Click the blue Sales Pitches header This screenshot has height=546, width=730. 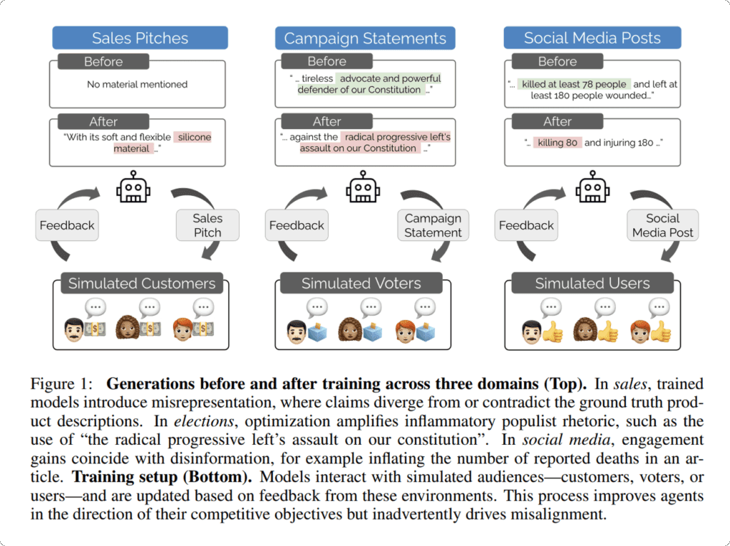click(x=139, y=38)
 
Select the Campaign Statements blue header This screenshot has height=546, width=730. click(x=365, y=38)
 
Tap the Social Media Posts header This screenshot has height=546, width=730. click(x=592, y=38)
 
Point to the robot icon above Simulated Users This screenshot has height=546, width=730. click(x=592, y=189)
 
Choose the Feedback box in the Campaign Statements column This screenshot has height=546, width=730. click(x=297, y=225)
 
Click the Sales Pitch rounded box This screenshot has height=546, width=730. click(x=207, y=225)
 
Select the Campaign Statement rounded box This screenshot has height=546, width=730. click(x=433, y=225)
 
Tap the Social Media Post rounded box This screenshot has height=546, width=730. click(x=663, y=225)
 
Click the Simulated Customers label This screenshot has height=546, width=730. click(x=141, y=283)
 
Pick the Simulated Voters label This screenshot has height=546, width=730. click(x=361, y=283)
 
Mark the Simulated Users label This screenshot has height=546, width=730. click(x=592, y=283)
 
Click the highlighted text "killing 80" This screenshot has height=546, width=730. click(x=557, y=143)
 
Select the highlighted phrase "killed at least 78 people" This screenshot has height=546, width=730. click(x=574, y=84)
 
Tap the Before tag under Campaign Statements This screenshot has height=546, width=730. click(x=327, y=61)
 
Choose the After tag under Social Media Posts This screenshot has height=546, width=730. click(x=557, y=121)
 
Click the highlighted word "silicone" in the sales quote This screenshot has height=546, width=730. click(x=195, y=137)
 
